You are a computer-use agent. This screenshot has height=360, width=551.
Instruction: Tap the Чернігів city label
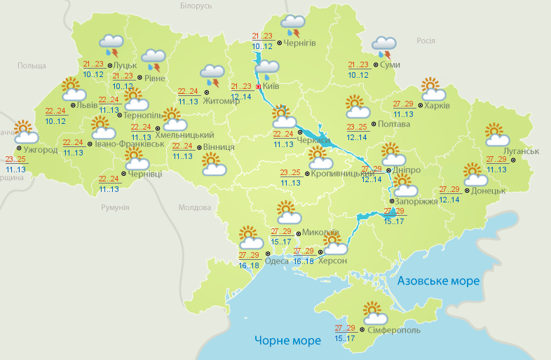click(x=300, y=43)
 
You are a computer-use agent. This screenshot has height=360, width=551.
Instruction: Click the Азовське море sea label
click(x=438, y=281)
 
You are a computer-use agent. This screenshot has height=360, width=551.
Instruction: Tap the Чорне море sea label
click(x=287, y=340)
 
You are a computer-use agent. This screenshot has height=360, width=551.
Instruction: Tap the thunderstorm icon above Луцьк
click(x=112, y=46)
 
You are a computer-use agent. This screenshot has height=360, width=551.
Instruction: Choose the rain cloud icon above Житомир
click(x=212, y=74)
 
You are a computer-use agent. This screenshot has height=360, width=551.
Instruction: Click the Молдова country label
click(x=195, y=208)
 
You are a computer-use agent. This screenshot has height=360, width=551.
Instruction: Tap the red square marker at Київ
click(x=259, y=87)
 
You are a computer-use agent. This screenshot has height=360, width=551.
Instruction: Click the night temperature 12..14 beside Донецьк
click(x=449, y=200)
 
